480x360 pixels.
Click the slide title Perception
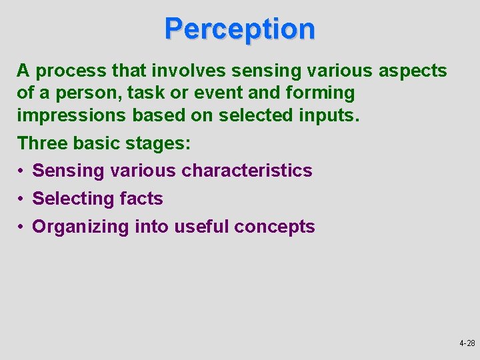coord(239,29)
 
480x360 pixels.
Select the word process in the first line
coord(67,71)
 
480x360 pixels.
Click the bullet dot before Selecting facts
coord(22,199)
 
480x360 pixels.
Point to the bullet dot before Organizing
coord(22,227)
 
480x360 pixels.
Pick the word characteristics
coord(247,171)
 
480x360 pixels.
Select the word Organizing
coord(81,227)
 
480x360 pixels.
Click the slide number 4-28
coord(467,344)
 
